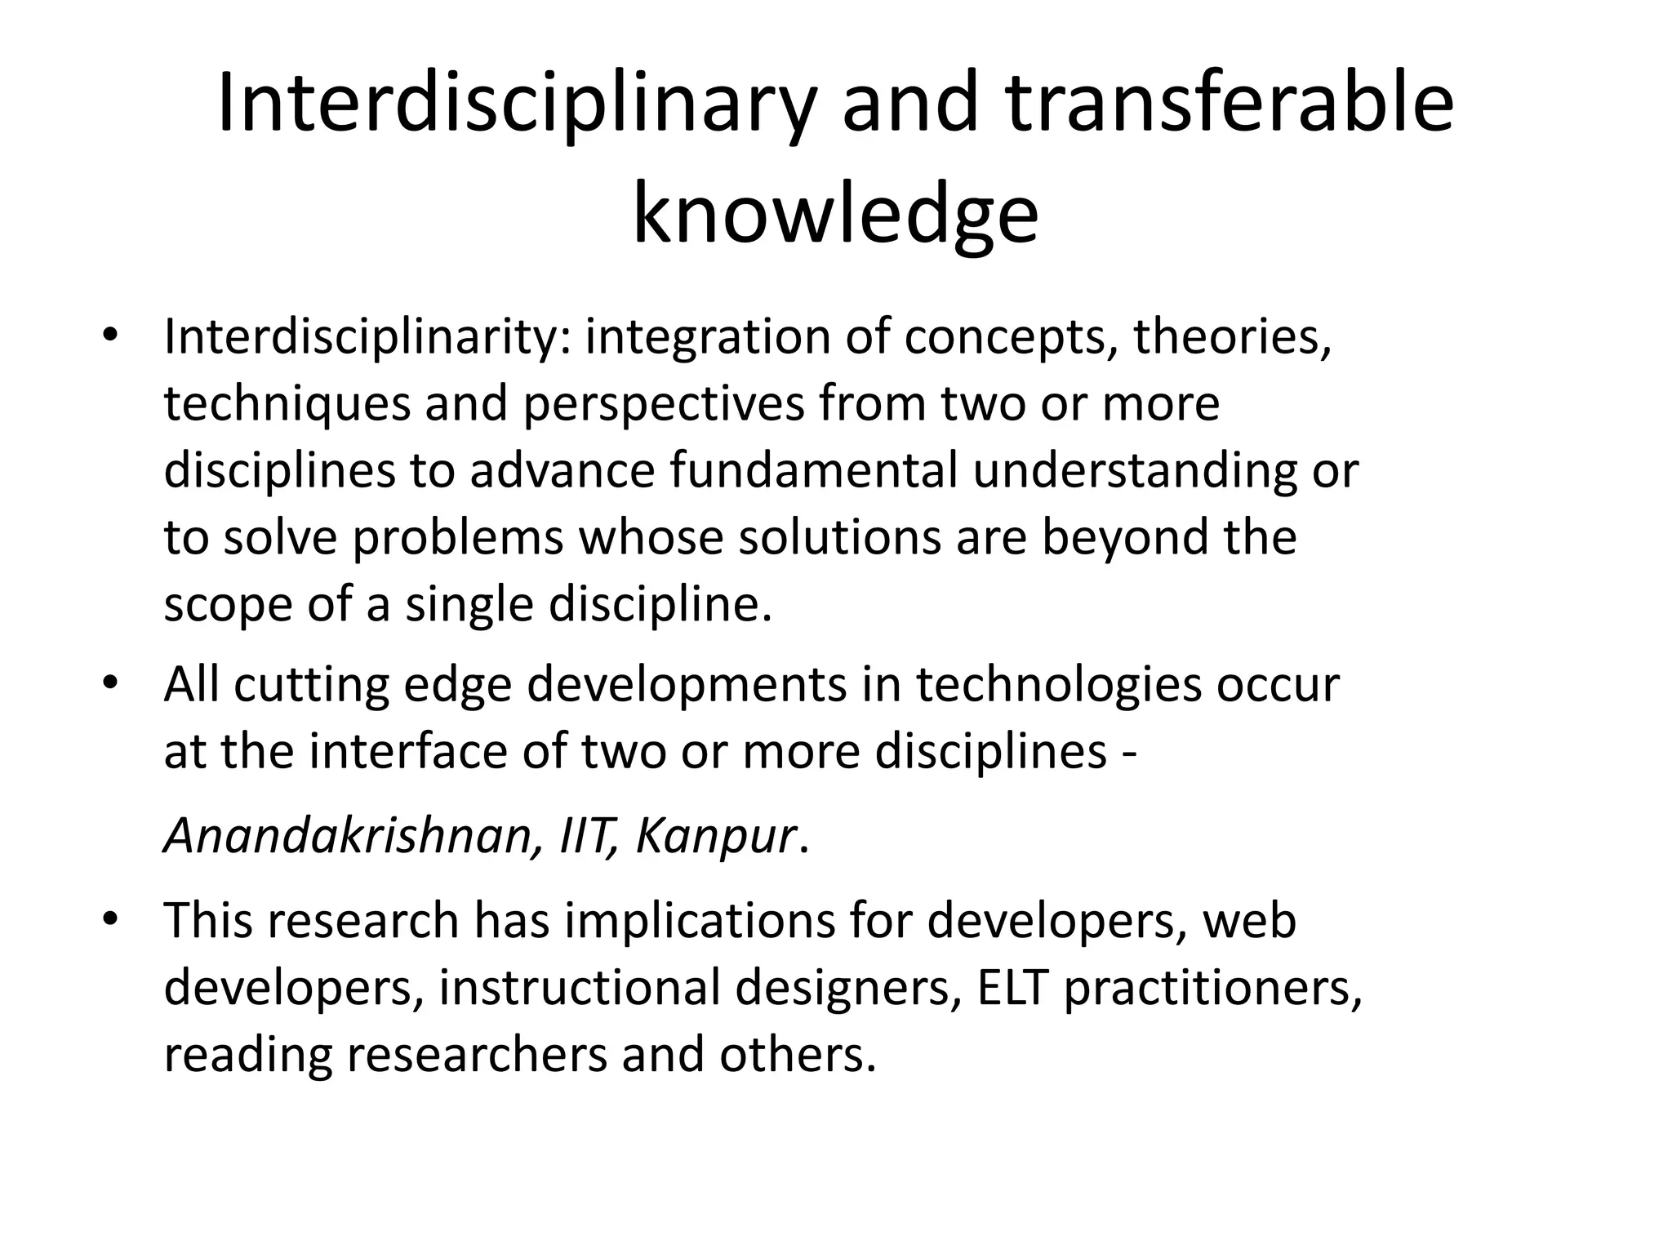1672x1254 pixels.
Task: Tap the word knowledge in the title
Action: [835, 215]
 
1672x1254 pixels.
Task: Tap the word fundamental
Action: [813, 470]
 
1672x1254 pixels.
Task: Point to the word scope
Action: [228, 605]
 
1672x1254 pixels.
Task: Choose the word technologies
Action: [1058, 683]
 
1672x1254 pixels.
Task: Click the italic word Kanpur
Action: [714, 835]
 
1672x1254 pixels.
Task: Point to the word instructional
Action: [579, 987]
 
